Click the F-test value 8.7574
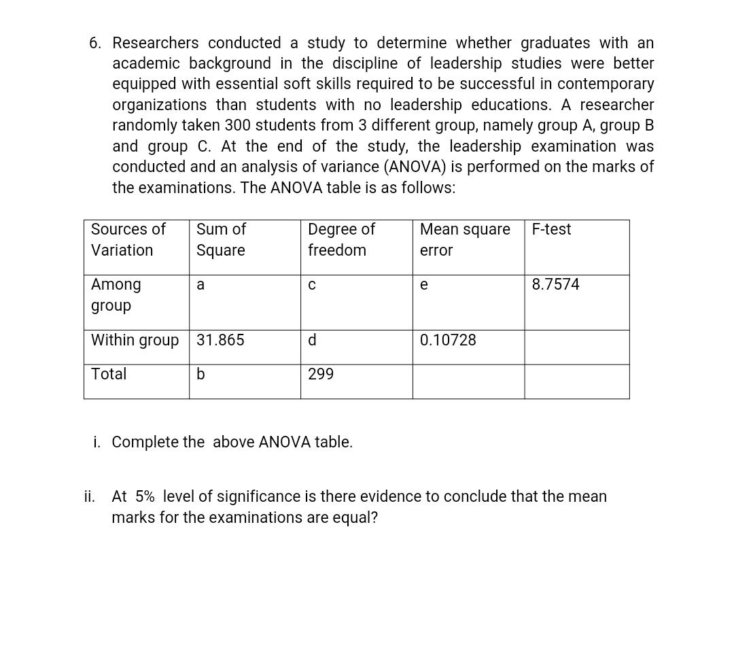point(555,284)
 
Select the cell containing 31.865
point(220,340)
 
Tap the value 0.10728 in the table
point(448,340)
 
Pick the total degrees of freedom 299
point(321,374)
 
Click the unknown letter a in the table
point(200,285)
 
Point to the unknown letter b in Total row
point(200,374)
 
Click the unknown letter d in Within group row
point(312,340)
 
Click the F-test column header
point(551,229)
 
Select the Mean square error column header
point(465,239)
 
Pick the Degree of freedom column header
point(341,239)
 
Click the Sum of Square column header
point(221,239)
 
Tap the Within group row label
point(135,340)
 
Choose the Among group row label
point(116,294)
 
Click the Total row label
point(109,374)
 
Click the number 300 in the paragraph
point(237,126)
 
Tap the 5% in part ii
point(145,496)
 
